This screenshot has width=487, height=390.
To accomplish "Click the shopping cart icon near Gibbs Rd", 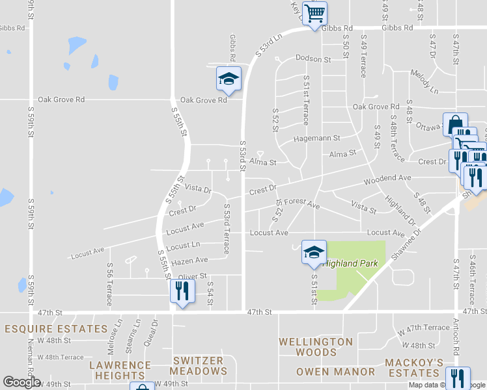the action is pos(314,12).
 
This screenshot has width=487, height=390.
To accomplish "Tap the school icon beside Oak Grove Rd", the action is pos(229,79).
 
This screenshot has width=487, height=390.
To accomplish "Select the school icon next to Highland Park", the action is pos(314,252).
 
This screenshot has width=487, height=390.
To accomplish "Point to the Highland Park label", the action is pos(352,265).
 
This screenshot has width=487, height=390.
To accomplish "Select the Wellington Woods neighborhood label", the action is pos(316,347).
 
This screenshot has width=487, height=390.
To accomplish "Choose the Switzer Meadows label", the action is pos(199,366).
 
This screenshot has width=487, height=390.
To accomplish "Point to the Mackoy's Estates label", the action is pos(414,367).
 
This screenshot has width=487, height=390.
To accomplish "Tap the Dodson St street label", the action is pos(313,58).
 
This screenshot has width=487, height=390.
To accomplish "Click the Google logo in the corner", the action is pos(21,382).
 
